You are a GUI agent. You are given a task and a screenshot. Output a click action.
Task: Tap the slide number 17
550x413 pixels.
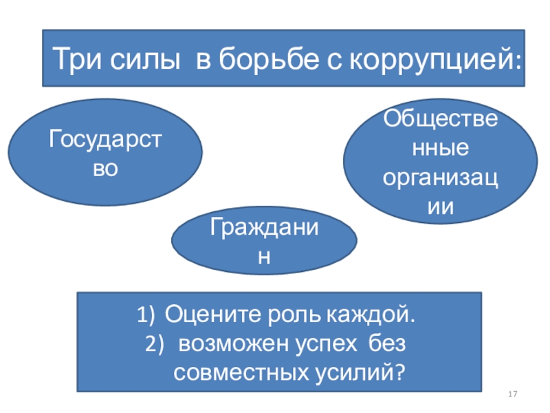pos(511,394)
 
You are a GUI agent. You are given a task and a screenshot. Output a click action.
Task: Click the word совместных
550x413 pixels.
pos(240,372)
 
